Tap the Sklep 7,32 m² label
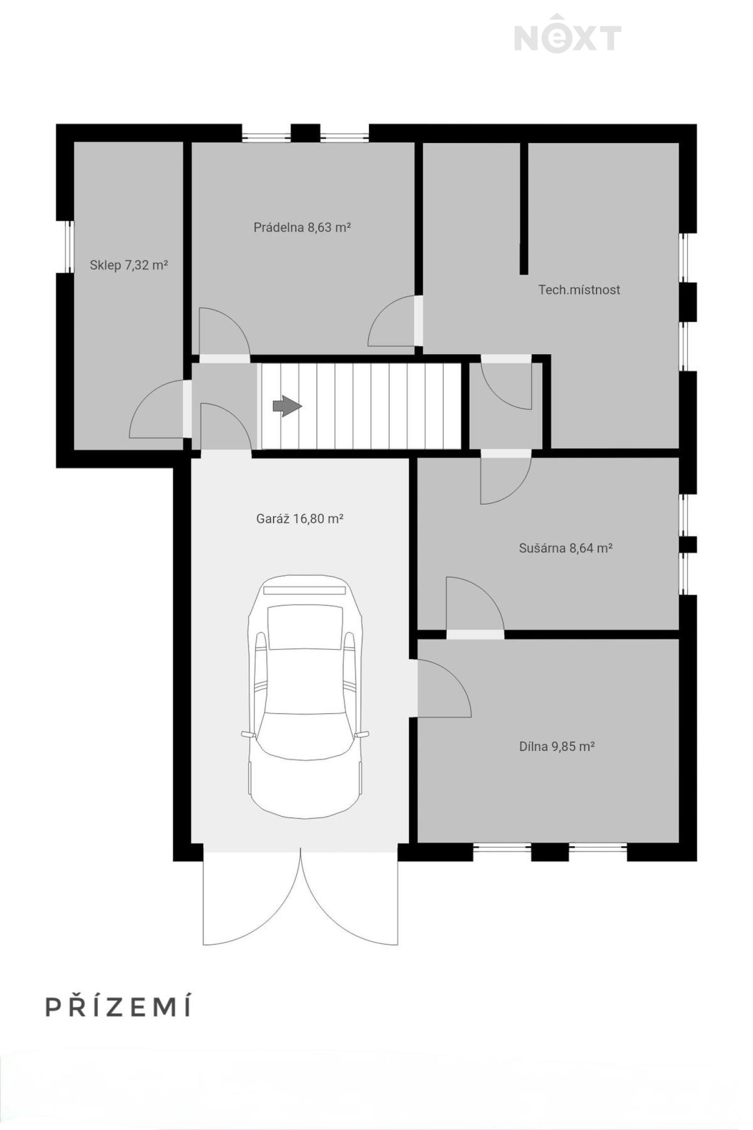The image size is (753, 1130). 129,265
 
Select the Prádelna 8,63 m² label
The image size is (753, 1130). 302,228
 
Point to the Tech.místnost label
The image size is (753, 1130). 579,290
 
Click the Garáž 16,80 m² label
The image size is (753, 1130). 300,519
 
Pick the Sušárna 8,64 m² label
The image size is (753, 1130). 565,548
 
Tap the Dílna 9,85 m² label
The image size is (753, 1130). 557,747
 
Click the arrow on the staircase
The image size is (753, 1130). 287,406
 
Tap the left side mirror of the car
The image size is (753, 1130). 248,734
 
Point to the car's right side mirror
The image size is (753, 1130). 362,734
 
